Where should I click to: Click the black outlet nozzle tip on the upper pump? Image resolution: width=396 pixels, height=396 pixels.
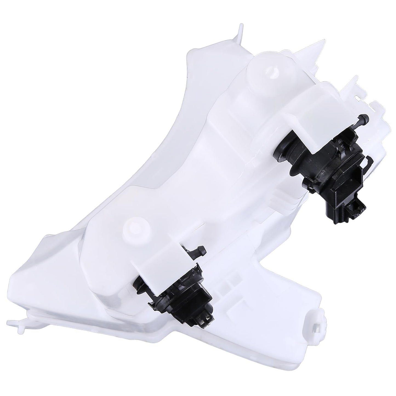tap(365, 118)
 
